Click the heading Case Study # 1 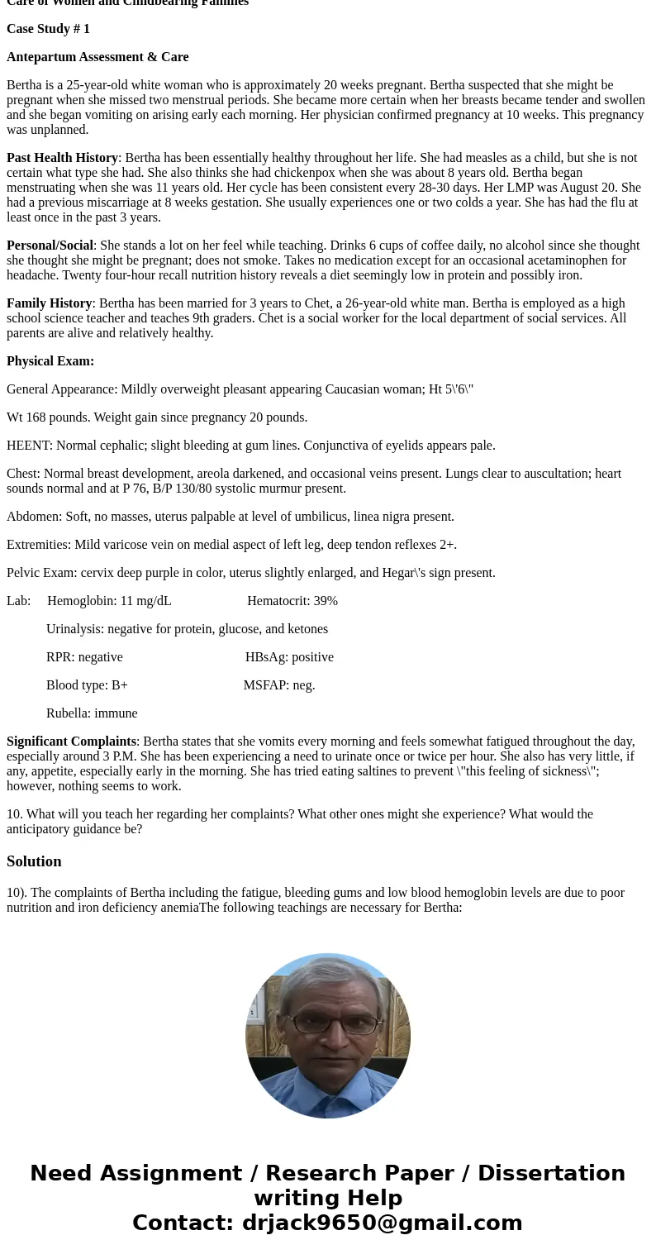48,29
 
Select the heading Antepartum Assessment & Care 97,57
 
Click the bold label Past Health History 62,158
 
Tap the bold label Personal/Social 50,246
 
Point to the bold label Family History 49,303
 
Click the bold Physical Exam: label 50,361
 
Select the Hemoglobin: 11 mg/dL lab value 109,601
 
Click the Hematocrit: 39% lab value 292,601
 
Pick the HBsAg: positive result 289,657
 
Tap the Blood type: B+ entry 87,685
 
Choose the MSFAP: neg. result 279,685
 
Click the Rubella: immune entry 92,713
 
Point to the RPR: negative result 84,657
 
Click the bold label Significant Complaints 71,742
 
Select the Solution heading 34,861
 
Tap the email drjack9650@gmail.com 382,1223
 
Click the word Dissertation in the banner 551,1174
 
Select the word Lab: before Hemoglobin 18,601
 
